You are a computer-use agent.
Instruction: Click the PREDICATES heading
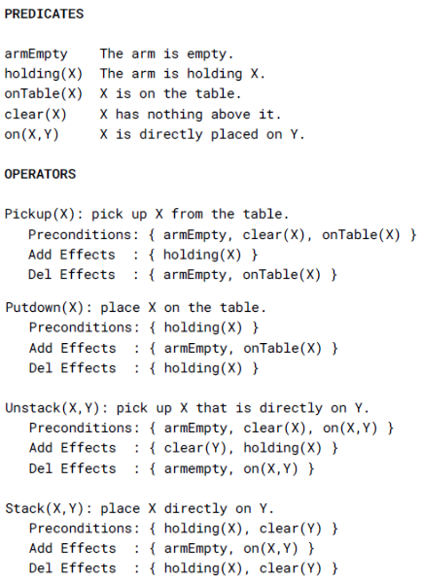click(x=44, y=14)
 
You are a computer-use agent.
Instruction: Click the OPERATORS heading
click(x=40, y=174)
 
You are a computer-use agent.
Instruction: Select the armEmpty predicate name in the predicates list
click(x=36, y=54)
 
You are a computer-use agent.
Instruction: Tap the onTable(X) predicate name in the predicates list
click(x=44, y=94)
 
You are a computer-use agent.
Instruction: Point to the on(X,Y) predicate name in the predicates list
click(x=32, y=134)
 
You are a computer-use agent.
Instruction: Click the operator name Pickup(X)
click(x=40, y=214)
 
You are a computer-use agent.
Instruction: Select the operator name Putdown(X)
click(x=45, y=308)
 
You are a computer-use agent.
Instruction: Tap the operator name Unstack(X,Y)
click(x=53, y=408)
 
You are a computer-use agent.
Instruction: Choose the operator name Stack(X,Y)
click(x=45, y=508)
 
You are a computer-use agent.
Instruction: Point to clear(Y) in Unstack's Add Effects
click(x=195, y=448)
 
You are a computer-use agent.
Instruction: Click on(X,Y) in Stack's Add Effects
click(x=271, y=549)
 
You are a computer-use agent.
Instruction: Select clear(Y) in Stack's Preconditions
click(x=291, y=529)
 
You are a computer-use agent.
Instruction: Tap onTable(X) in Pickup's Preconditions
click(x=361, y=235)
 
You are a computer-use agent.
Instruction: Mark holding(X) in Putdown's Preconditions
click(x=203, y=328)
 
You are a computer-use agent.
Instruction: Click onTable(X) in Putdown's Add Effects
click(x=282, y=349)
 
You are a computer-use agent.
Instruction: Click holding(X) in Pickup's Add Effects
click(x=202, y=255)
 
